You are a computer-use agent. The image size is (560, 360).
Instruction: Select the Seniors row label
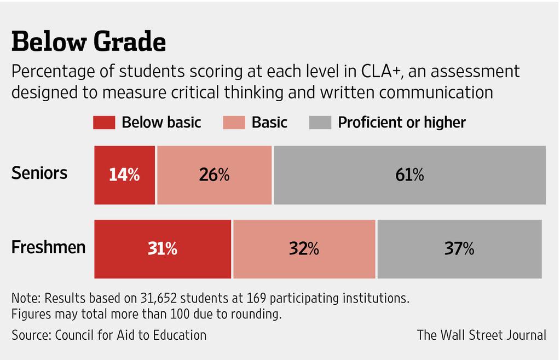point(39,173)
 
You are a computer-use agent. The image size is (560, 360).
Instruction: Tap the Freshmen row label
point(49,247)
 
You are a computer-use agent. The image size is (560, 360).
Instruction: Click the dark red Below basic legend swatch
point(105,122)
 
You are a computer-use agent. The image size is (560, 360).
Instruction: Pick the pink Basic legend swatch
point(234,122)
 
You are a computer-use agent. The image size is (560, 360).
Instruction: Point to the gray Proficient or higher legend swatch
point(320,122)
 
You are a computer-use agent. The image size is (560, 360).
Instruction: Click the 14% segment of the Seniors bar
point(125,175)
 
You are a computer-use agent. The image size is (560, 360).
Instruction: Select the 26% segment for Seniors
point(214,175)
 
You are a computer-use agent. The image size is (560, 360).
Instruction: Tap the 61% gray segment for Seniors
point(409,175)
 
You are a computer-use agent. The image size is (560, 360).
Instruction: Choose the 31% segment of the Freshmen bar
point(163,249)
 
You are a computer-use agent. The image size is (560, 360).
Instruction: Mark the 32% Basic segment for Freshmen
point(304,249)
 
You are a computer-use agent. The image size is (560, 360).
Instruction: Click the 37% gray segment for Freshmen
point(459,249)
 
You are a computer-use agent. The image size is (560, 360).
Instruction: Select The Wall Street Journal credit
point(481,334)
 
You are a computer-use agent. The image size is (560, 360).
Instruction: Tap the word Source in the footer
point(30,334)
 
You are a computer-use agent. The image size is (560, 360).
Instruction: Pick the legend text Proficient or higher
point(402,122)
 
